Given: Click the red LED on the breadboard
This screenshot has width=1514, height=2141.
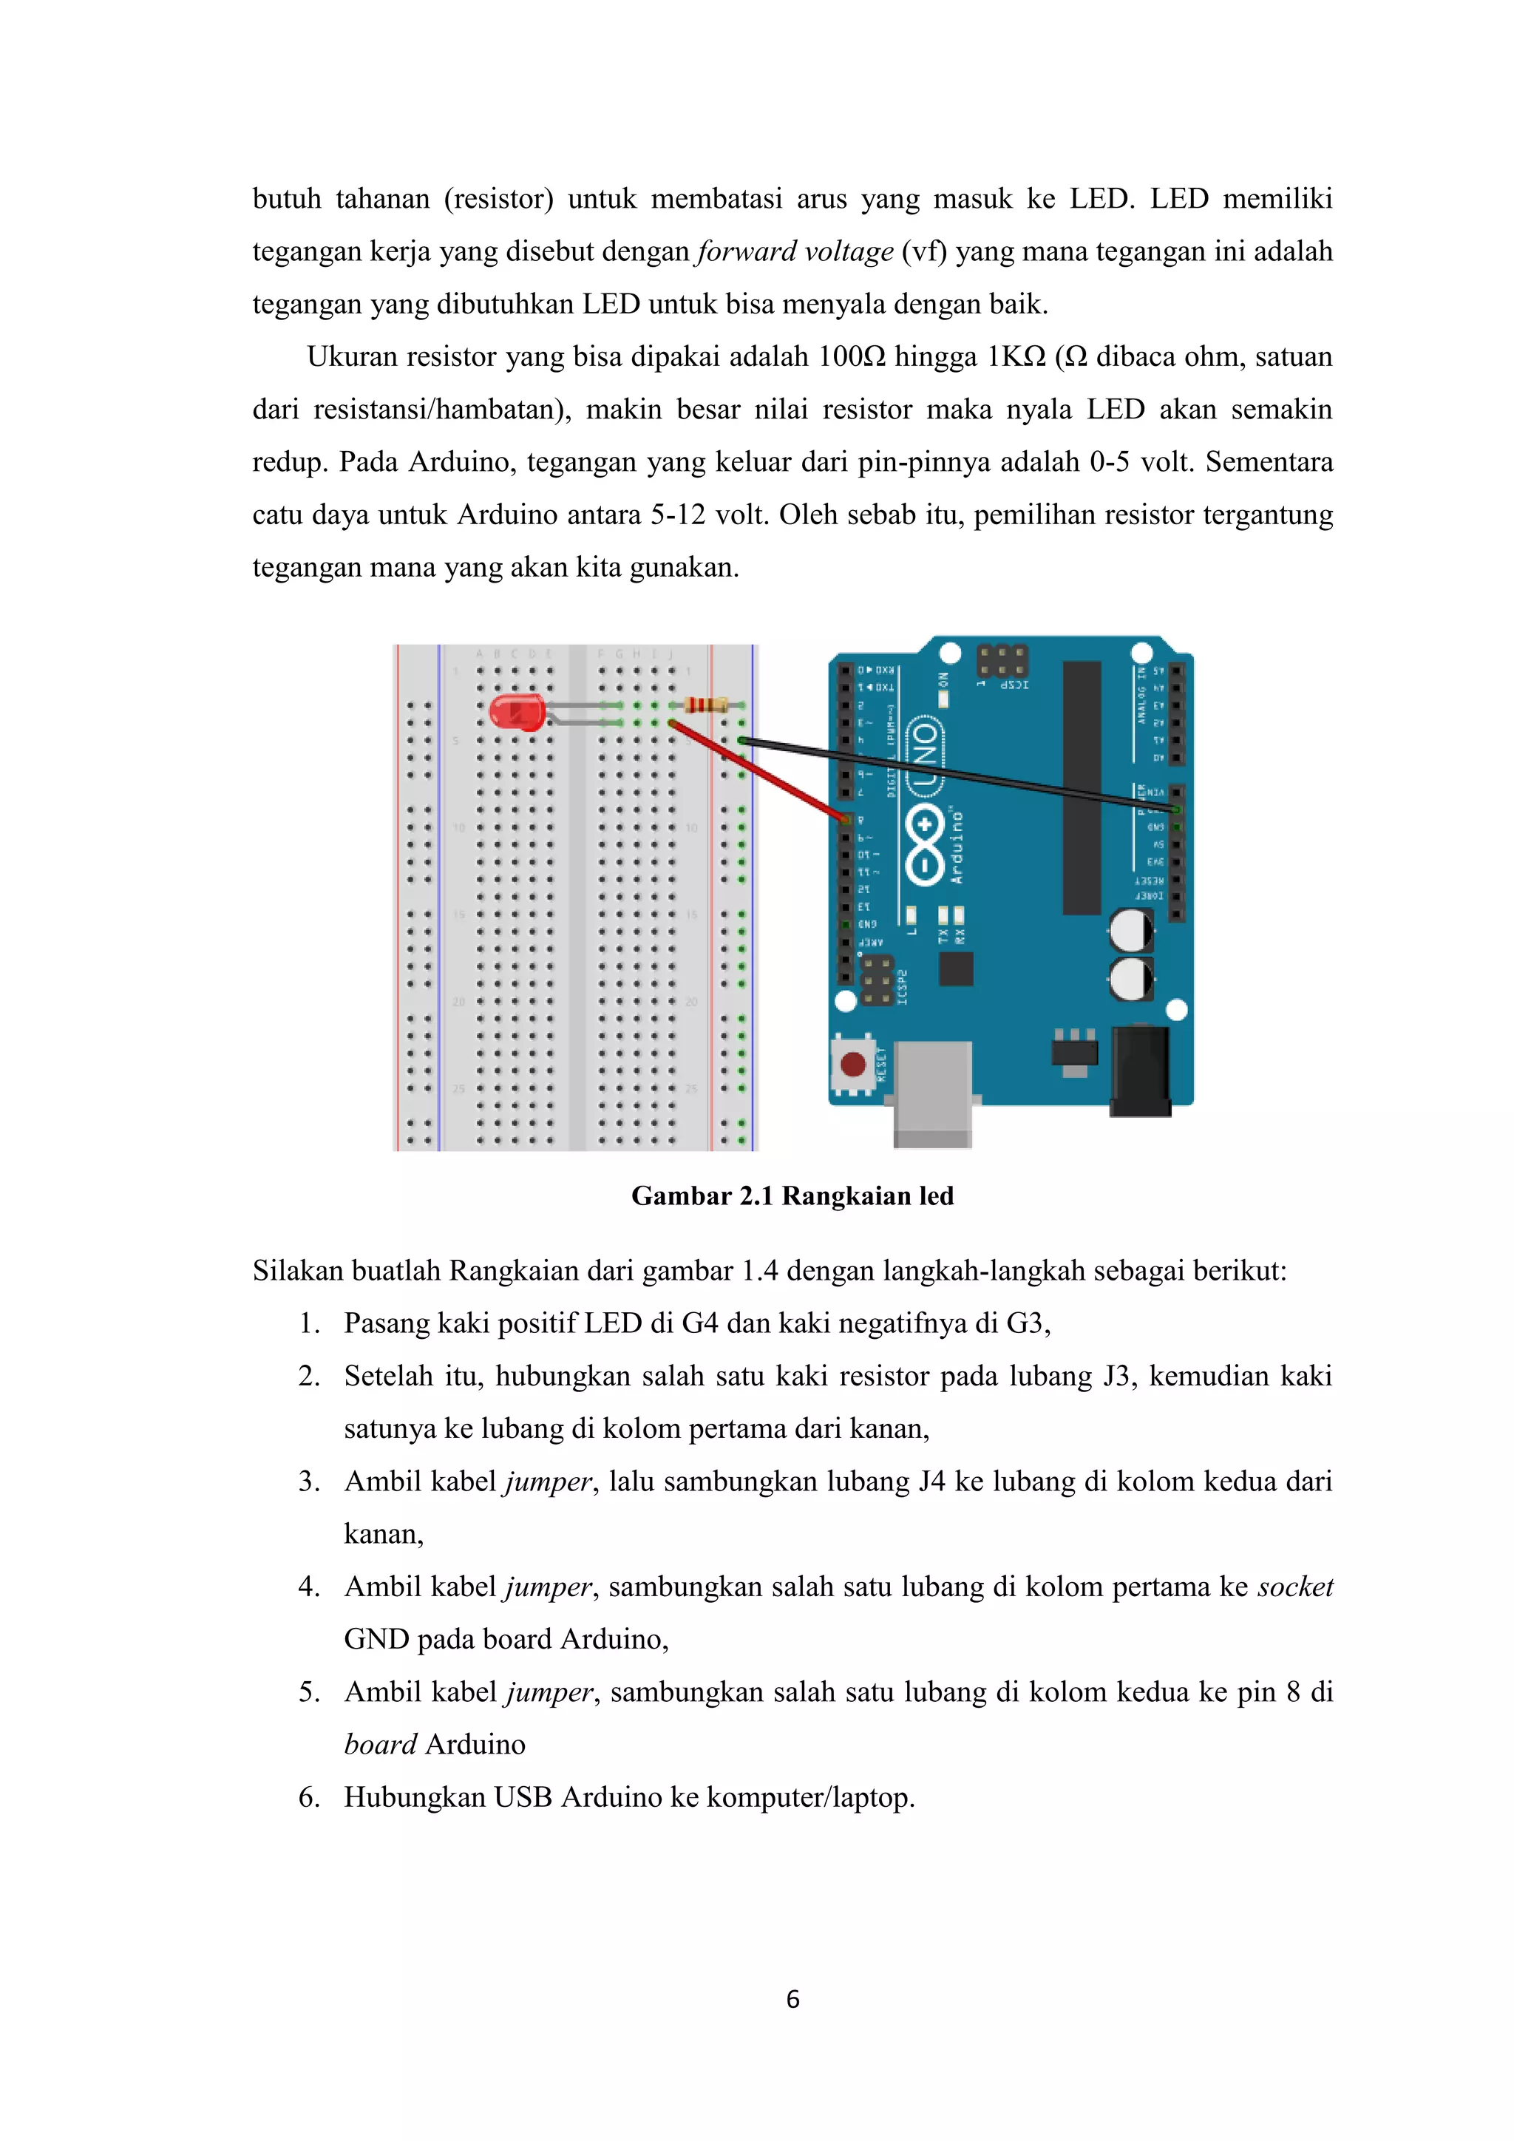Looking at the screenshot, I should [517, 713].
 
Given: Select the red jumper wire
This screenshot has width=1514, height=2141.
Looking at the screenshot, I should [757, 770].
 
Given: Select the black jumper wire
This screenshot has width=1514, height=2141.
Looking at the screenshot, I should [960, 775].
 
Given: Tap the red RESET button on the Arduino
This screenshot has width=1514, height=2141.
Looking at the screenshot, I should [853, 1065].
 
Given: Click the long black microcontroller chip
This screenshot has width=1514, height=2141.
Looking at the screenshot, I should [1082, 788].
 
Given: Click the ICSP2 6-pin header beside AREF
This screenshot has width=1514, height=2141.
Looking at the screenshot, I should [875, 979].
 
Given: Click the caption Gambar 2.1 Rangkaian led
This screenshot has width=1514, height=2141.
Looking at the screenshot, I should [792, 1196].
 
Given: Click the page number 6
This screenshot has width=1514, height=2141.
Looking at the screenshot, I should [792, 1999].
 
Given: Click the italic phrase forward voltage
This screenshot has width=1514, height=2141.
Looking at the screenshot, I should [794, 252].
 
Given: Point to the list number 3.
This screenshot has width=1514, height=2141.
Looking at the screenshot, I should [308, 1482].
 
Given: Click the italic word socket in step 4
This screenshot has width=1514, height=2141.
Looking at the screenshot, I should [1295, 1587].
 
